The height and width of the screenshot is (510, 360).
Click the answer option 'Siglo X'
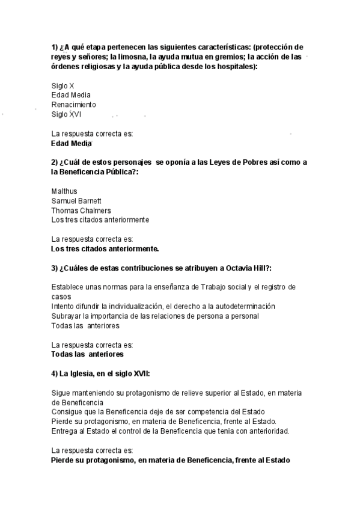pos(63,85)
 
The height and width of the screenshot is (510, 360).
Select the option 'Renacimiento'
pos(73,105)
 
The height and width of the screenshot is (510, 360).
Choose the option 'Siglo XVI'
pos(66,114)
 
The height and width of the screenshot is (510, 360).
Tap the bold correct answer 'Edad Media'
pos(72,144)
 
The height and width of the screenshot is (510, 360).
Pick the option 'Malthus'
pos(64,191)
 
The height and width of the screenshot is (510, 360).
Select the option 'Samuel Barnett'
pos(76,201)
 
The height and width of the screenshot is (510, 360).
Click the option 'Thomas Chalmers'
pos(81,210)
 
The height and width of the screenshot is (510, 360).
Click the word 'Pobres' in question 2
pos(258,162)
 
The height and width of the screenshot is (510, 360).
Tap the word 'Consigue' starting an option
pos(67,412)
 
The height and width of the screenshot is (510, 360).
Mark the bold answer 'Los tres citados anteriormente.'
pos(105,248)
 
